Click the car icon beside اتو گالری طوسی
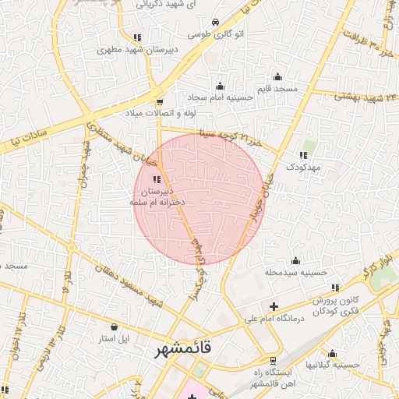click(215, 23)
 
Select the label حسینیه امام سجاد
click(220, 97)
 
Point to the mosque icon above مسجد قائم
click(278, 76)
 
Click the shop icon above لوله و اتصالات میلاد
click(160, 101)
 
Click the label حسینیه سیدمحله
click(295, 273)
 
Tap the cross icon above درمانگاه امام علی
click(273, 305)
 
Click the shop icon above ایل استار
click(115, 327)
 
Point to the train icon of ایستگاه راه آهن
click(273, 360)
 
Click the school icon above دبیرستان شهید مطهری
click(137, 37)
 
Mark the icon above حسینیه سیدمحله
click(295, 261)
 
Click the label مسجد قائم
click(278, 90)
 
